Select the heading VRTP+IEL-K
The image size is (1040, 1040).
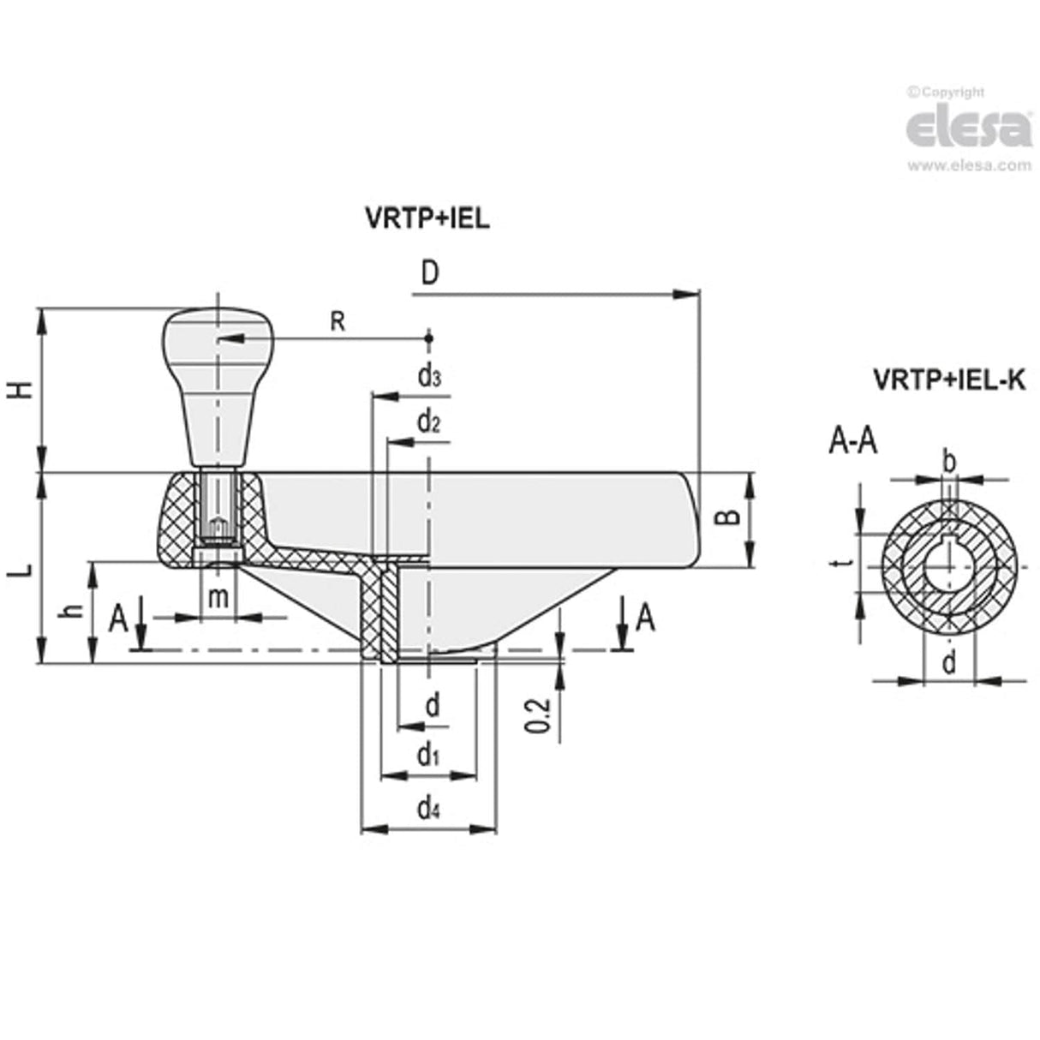(x=947, y=380)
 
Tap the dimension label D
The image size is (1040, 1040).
(x=431, y=273)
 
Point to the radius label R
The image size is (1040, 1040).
(x=338, y=322)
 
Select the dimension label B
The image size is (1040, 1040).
(x=726, y=517)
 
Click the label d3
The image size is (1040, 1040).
(x=429, y=377)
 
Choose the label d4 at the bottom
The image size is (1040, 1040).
(x=428, y=808)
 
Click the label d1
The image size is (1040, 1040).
(x=428, y=756)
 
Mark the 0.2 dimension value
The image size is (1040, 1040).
(x=538, y=715)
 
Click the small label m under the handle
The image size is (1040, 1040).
(x=219, y=597)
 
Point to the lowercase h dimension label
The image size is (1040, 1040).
(x=75, y=611)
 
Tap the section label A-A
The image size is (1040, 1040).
(x=852, y=442)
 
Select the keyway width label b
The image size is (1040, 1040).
(x=948, y=461)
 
